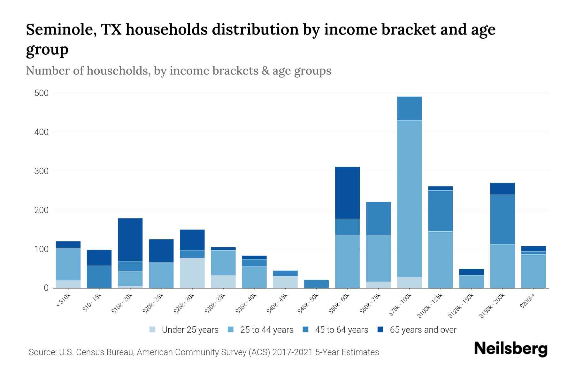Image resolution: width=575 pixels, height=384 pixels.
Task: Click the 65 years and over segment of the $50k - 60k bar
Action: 347,193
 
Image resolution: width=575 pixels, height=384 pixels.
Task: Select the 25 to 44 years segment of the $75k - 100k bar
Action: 409,198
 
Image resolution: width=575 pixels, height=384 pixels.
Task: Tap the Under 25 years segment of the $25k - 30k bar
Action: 192,273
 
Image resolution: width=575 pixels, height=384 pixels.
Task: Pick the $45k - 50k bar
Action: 316,284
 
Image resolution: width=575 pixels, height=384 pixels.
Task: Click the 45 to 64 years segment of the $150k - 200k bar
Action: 502,220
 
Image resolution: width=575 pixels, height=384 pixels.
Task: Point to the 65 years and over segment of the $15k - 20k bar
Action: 130,239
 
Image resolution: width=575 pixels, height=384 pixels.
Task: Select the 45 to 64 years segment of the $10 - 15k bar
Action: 99,276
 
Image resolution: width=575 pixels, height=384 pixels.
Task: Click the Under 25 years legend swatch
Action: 152,330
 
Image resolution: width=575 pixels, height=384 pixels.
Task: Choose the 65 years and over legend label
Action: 423,330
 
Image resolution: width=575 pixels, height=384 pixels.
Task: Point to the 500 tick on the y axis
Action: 42,93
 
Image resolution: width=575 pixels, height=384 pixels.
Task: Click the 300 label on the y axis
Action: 42,171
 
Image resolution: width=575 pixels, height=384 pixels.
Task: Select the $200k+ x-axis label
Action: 527,302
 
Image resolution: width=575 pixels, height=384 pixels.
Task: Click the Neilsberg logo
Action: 510,349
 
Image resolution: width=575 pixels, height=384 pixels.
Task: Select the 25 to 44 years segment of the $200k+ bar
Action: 533,271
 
